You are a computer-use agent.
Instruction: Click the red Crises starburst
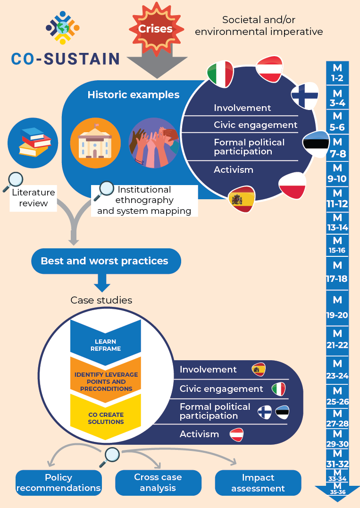pyautogui.click(x=155, y=28)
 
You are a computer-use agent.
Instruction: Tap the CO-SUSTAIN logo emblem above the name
pyautogui.click(x=63, y=28)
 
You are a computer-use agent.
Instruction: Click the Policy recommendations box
pyautogui.click(x=59, y=483)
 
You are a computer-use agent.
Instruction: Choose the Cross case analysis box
pyautogui.click(x=158, y=483)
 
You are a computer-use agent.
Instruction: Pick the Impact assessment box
pyautogui.click(x=258, y=483)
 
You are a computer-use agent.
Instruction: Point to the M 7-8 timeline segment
pyautogui.click(x=337, y=147)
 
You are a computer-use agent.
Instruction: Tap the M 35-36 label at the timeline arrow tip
pyautogui.click(x=337, y=489)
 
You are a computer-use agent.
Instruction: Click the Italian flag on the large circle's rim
pyautogui.click(x=220, y=74)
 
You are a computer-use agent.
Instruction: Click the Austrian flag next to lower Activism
pyautogui.click(x=236, y=434)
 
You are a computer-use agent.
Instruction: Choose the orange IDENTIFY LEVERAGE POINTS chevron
pyautogui.click(x=106, y=381)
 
